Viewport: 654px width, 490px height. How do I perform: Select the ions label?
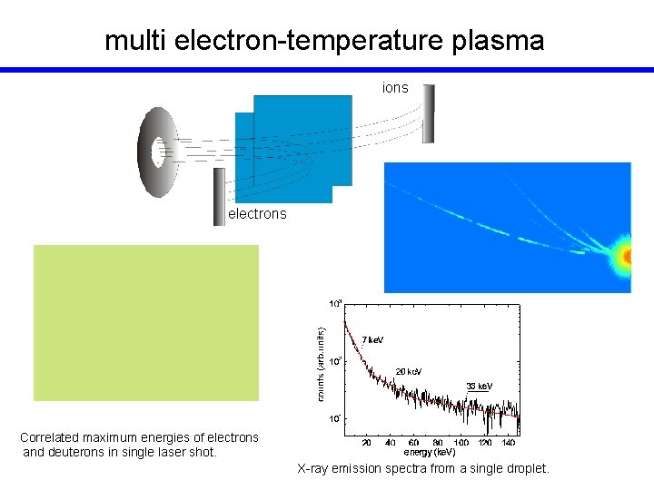[395, 88]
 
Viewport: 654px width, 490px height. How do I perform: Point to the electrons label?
[257, 214]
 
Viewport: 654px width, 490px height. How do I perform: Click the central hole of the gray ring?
[162, 152]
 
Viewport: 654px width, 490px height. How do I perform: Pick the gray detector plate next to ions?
[429, 113]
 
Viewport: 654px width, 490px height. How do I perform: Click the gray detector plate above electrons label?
[219, 197]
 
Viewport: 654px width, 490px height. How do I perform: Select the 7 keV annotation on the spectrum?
[372, 339]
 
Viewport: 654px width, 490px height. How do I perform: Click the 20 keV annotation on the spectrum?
[409, 371]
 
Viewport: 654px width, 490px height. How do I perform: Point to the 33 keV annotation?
[479, 386]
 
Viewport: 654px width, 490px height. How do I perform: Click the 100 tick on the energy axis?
[461, 443]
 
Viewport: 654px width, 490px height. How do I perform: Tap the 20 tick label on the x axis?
[366, 443]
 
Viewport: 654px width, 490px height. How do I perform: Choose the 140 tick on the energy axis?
[509, 443]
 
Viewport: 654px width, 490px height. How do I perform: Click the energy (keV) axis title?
[430, 452]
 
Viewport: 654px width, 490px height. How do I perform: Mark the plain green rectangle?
[146, 322]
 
